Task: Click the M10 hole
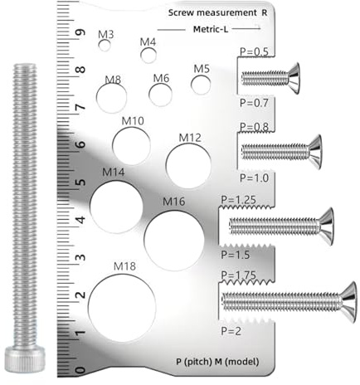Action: point(131,146)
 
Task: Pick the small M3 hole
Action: point(105,46)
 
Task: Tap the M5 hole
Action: point(200,84)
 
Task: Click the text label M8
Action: point(113,80)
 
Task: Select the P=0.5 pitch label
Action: point(253,52)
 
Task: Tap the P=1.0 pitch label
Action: point(253,178)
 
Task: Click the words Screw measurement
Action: point(212,13)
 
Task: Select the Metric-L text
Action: point(211,29)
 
